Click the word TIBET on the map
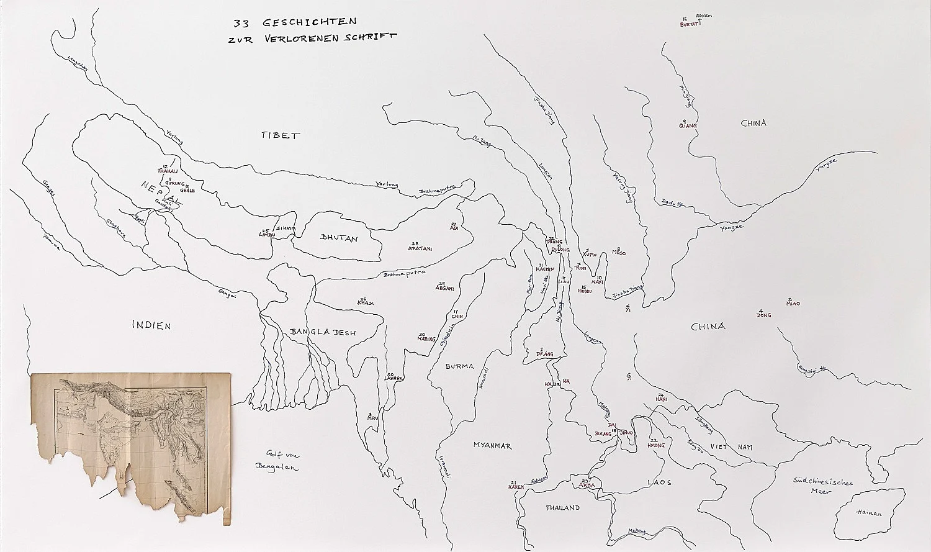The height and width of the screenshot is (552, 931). point(281,135)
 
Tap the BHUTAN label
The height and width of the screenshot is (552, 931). point(339,238)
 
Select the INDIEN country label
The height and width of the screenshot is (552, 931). point(151,325)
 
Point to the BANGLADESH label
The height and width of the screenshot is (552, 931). point(323,333)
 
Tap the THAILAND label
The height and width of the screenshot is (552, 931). point(563,508)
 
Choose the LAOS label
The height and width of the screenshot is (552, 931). point(659,482)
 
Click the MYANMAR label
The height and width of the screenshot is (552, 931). point(492,446)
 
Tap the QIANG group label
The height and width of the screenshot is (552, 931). point(688,125)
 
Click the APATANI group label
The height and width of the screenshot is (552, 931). point(420,248)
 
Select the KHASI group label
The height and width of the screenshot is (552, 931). point(365,302)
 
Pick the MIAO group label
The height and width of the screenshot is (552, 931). point(793,304)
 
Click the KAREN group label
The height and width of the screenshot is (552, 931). point(516,487)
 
